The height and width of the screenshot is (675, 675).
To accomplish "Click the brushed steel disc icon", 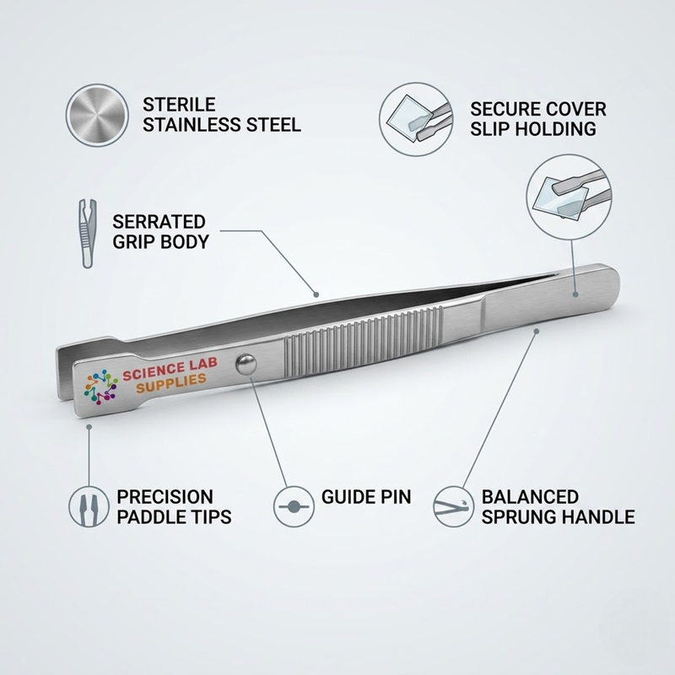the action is click(x=97, y=116).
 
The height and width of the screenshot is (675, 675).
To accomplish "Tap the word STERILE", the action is click(x=179, y=105).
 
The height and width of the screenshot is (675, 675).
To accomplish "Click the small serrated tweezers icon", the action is click(x=88, y=234).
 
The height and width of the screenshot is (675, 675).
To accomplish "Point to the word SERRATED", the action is click(x=159, y=222).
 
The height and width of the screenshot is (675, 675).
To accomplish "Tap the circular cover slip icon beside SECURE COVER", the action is click(x=416, y=119).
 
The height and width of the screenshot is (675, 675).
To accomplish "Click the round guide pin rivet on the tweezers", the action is click(x=246, y=364).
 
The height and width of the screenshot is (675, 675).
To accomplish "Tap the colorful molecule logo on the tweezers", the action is click(x=100, y=387).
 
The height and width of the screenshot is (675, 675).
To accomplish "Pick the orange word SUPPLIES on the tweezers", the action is click(x=171, y=384).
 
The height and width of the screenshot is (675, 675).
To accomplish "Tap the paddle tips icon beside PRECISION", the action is click(x=89, y=507).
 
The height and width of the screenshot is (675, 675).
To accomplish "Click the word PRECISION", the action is click(x=165, y=497).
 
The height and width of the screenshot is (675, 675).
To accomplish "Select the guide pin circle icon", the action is click(x=294, y=507).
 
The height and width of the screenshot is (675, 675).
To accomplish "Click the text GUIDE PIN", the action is click(x=366, y=497).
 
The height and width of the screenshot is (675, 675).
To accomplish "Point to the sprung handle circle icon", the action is click(x=453, y=507).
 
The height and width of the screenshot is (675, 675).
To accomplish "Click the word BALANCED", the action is click(x=530, y=497).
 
